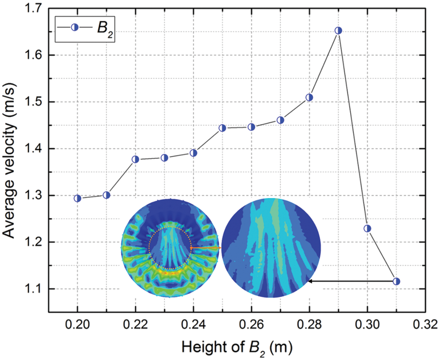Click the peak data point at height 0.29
tap(338, 31)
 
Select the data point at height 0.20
tap(77, 198)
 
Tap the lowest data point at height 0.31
tap(396, 281)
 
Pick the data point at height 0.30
tap(367, 228)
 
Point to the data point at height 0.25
tap(222, 128)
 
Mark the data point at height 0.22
tap(136, 159)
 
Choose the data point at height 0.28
tap(309, 97)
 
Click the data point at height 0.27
tap(280, 120)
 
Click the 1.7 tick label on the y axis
tap(33, 8)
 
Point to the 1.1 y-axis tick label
tap(33, 289)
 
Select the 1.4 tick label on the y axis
tap(33, 149)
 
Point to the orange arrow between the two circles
tap(207, 248)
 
